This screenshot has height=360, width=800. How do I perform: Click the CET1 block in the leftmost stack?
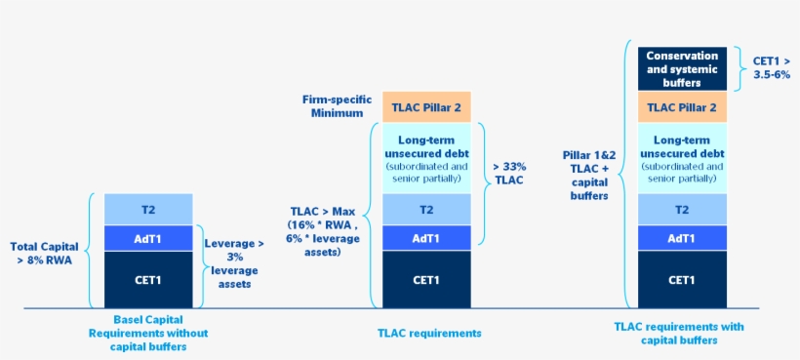pos(148,280)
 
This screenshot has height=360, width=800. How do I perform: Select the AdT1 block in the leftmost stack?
pos(148,238)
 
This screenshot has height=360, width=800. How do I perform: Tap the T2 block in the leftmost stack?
pos(148,209)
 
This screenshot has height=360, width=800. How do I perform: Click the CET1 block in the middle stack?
pos(426,280)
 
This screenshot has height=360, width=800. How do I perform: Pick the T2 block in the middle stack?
pos(426,209)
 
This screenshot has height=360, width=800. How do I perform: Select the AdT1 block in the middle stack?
pos(426,238)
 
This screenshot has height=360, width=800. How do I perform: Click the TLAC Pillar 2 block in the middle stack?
pos(426,107)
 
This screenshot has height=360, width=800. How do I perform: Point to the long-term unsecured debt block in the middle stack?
pos(426,158)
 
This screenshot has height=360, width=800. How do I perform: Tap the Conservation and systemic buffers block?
pos(682,69)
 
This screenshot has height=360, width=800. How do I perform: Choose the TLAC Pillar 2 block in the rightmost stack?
pos(682,107)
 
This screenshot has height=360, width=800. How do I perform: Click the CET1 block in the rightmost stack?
pos(682,280)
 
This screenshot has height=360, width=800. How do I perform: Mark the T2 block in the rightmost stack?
pos(682,209)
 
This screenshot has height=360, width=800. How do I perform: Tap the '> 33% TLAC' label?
pos(512,173)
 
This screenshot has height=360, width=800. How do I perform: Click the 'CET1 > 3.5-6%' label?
pos(771,67)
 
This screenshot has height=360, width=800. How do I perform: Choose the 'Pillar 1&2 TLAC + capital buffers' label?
pos(589,175)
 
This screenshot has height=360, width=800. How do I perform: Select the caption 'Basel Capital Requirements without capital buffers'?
pos(147,333)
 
